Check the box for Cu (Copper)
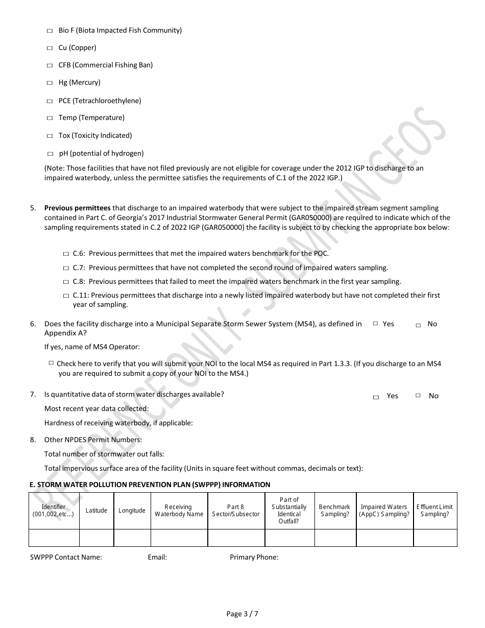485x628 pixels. coord(50,48)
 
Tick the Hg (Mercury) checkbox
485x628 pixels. coord(50,83)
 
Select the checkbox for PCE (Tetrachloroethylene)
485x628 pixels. coord(50,101)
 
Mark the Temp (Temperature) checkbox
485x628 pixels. coord(50,118)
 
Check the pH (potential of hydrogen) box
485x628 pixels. coord(50,154)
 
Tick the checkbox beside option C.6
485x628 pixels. coord(66,254)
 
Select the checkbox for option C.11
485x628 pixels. coord(66,296)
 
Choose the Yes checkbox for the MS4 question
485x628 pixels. coord(375,324)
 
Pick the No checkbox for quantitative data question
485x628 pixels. coord(418,395)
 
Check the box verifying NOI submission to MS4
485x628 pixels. coord(51,363)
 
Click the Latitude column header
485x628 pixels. coord(96,511)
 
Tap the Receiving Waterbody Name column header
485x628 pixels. coord(179,511)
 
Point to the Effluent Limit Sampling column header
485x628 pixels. coord(434,511)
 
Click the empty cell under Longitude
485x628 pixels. coord(132,538)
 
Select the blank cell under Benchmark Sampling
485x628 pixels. coord(335,538)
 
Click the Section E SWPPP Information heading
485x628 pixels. coord(150,485)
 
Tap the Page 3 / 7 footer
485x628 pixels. coord(243,614)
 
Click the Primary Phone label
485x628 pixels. coord(254,557)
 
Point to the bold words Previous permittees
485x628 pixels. coord(77,208)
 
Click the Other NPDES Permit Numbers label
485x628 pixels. coord(93,440)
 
